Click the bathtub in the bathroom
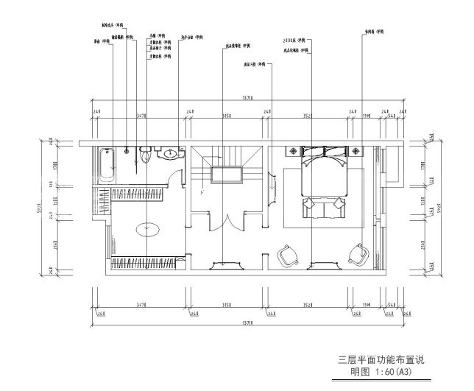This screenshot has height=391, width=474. tap(106, 165)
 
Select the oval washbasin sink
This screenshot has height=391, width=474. tap(171, 154)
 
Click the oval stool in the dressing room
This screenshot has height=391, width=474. tap(149, 228)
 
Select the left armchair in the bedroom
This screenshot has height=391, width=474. tap(286, 255)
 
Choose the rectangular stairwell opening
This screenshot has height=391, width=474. tap(227, 175)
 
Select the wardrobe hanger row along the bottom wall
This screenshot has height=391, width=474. tap(144, 261)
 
